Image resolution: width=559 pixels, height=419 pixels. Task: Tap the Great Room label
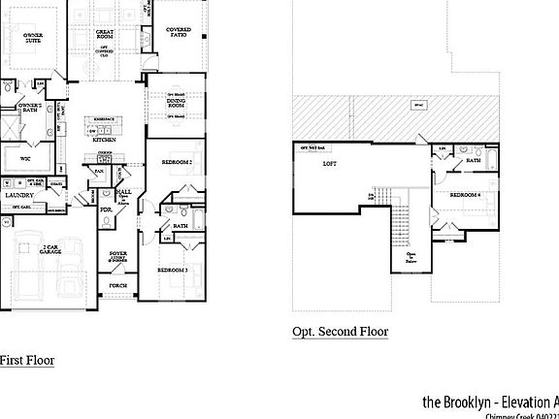(105, 36)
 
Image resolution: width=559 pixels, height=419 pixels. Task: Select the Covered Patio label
(179, 32)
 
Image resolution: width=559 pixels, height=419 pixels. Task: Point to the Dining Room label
(176, 101)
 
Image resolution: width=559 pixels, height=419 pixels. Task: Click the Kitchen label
(105, 140)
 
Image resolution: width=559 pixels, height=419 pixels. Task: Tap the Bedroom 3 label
(172, 269)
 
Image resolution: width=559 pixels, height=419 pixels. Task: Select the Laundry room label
(19, 194)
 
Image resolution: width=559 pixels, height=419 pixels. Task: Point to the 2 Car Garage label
(52, 250)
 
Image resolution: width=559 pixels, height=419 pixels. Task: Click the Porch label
(117, 287)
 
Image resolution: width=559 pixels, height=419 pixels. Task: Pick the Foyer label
(118, 256)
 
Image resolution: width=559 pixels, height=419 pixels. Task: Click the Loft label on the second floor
(329, 164)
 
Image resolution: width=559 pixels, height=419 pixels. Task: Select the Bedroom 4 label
(466, 195)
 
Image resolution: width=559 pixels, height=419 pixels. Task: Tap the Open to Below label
(411, 257)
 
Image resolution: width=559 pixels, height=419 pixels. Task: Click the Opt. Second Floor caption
(340, 332)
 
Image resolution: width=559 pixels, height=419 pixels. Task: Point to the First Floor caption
(26, 361)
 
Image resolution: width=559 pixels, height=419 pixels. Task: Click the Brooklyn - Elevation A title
(490, 401)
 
